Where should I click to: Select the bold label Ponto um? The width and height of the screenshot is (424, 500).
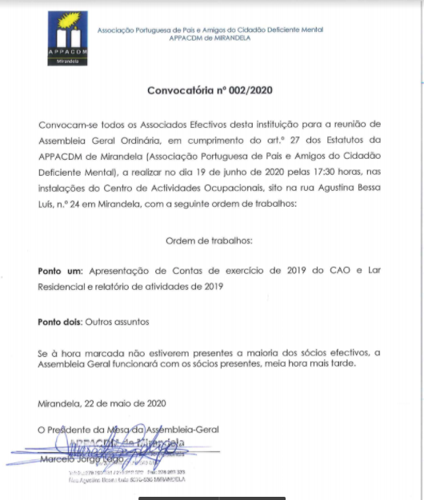60,271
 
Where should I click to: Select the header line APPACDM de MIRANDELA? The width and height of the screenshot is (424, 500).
210,38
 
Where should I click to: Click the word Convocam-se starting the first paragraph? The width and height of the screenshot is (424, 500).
65,125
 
